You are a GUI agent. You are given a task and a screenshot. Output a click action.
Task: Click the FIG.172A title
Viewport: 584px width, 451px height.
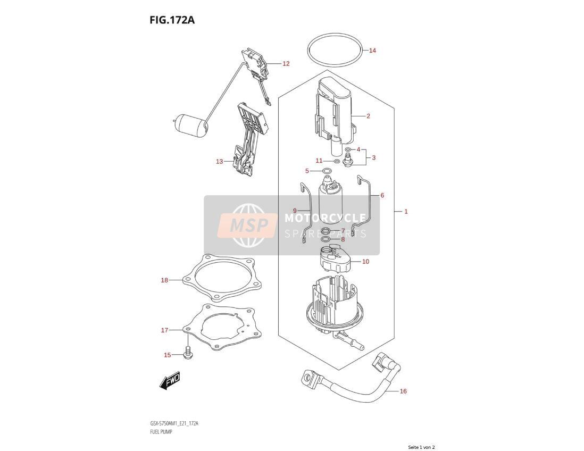172,20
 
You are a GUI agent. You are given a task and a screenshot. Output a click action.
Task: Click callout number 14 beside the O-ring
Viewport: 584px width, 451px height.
372,51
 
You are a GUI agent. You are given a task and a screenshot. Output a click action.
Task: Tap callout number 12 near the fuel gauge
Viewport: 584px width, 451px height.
286,64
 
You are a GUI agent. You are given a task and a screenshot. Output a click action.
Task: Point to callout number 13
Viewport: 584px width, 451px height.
219,162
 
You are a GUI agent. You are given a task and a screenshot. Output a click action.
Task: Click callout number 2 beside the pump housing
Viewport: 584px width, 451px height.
368,116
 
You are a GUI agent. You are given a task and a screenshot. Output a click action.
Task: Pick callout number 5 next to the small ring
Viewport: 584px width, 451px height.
307,171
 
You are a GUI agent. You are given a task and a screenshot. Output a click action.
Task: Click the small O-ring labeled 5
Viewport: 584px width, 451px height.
327,171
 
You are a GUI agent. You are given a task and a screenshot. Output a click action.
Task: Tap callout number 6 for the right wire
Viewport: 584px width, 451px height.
382,195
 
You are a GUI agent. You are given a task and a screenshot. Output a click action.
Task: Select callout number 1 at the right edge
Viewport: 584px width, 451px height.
406,212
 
